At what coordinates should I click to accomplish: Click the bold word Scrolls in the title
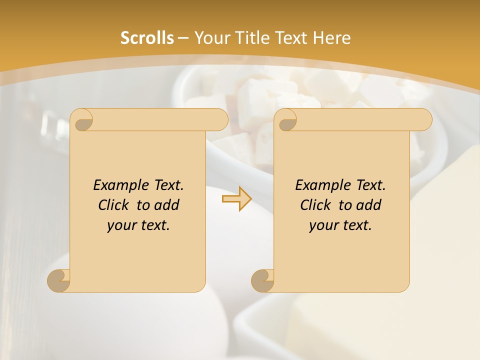pos(147,38)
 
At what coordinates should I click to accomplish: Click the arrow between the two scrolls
pos(236,199)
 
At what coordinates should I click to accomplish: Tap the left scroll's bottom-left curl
pos(59,280)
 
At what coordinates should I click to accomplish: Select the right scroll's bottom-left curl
pos(263,280)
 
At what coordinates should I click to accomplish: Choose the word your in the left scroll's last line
pos(121,225)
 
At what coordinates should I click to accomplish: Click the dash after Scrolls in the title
pos(183,38)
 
